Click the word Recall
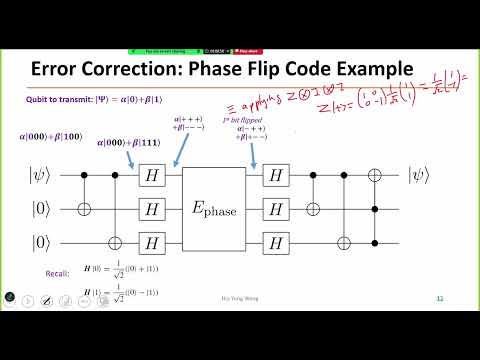[57, 271]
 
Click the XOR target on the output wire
[375, 177]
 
